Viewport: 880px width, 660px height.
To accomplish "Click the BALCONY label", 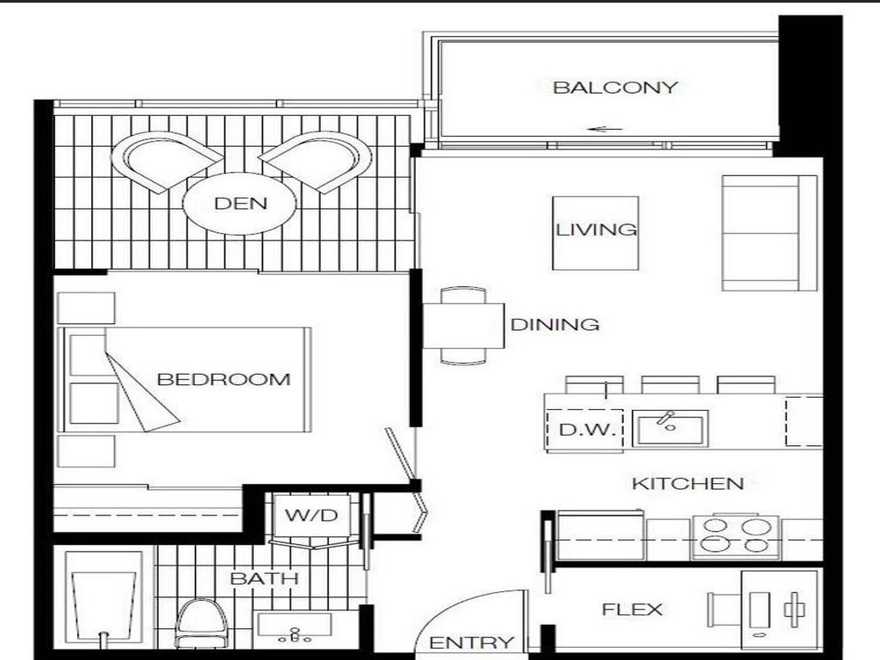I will (615, 87).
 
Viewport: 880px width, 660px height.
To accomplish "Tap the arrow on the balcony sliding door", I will (605, 130).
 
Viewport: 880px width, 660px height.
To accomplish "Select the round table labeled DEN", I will (240, 204).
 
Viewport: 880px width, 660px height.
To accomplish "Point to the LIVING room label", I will (596, 229).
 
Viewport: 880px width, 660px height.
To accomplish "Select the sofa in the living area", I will (769, 233).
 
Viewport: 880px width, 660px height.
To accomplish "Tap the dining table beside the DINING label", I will (463, 326).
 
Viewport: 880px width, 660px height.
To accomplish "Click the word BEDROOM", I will (223, 379).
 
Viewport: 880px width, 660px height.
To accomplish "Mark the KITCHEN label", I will (687, 483).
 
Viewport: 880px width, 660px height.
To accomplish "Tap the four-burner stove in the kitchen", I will (736, 535).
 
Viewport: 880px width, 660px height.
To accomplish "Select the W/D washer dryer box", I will (305, 516).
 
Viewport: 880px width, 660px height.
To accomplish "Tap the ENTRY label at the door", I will (472, 643).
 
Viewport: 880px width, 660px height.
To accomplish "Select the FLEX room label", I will (632, 610).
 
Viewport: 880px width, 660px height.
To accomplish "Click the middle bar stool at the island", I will (670, 384).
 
